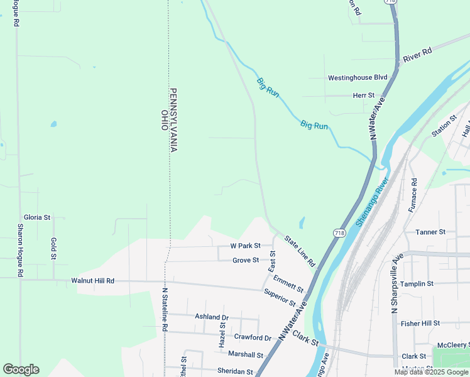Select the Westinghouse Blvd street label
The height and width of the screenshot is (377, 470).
(358, 78)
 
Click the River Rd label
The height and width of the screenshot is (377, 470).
(418, 55)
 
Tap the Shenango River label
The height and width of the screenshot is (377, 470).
(373, 201)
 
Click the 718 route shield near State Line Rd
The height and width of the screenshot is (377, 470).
(339, 233)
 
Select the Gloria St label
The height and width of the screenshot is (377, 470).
(37, 217)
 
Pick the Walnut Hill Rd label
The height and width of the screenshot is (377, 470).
(92, 281)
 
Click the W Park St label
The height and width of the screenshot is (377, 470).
(245, 246)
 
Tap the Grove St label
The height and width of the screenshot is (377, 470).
(246, 260)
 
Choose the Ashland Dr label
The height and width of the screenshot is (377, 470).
(212, 317)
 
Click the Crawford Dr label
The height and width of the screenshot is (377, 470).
(252, 337)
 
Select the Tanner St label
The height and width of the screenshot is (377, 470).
(430, 232)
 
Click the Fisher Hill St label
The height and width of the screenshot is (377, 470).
(420, 323)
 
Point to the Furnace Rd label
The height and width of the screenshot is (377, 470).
(413, 195)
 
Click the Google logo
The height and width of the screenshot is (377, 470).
(21, 369)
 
